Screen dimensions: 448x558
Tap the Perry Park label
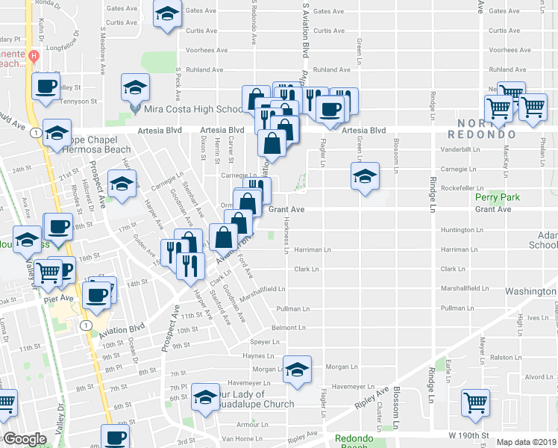tap(497, 198)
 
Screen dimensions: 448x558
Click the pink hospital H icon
tap(34, 56)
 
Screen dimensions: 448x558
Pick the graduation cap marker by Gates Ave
tap(167, 13)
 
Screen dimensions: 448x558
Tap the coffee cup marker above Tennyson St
tap(46, 86)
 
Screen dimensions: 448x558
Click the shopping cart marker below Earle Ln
tap(474, 403)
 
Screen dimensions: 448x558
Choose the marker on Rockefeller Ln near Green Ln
tap(364, 177)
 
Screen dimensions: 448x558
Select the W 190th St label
tap(469, 434)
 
